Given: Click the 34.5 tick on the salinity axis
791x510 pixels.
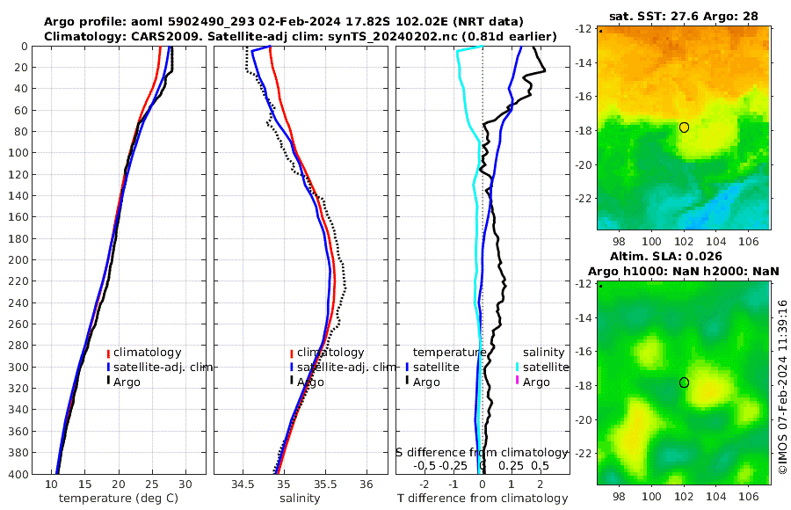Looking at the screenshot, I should [x=243, y=484].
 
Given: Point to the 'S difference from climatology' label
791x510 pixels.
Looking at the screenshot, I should [x=483, y=452].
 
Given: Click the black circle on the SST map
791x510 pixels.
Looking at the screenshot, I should [x=684, y=127].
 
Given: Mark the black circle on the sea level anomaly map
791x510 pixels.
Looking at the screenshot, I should [x=684, y=382].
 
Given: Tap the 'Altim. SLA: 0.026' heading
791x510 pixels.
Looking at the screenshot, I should [x=684, y=256].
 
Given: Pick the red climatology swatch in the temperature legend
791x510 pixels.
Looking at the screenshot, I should [x=108, y=353].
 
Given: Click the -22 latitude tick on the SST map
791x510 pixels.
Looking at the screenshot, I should [x=584, y=199].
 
